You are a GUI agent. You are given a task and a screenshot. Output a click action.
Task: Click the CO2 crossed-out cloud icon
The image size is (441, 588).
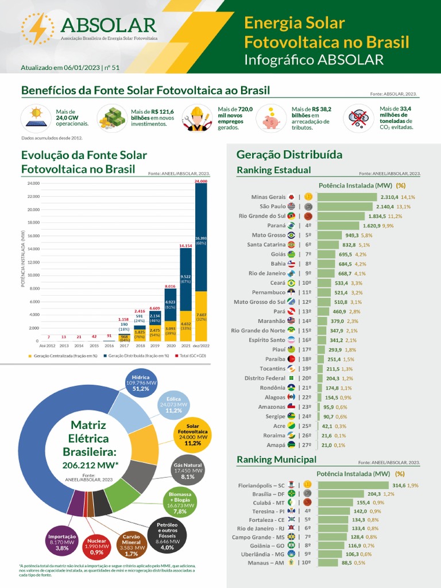click(359, 118)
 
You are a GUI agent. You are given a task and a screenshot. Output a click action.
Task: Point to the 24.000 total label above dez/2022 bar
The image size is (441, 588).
click(201, 181)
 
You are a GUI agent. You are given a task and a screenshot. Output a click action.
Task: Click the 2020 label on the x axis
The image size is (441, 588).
click(170, 346)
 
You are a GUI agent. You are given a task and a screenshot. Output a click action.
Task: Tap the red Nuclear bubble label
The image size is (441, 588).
click(97, 546)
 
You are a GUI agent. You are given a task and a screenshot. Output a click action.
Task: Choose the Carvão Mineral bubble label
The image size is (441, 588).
click(131, 546)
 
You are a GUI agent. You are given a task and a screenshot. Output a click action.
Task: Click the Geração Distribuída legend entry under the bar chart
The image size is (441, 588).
click(137, 357)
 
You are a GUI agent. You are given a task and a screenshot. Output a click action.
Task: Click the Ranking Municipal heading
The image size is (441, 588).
click(276, 459)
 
